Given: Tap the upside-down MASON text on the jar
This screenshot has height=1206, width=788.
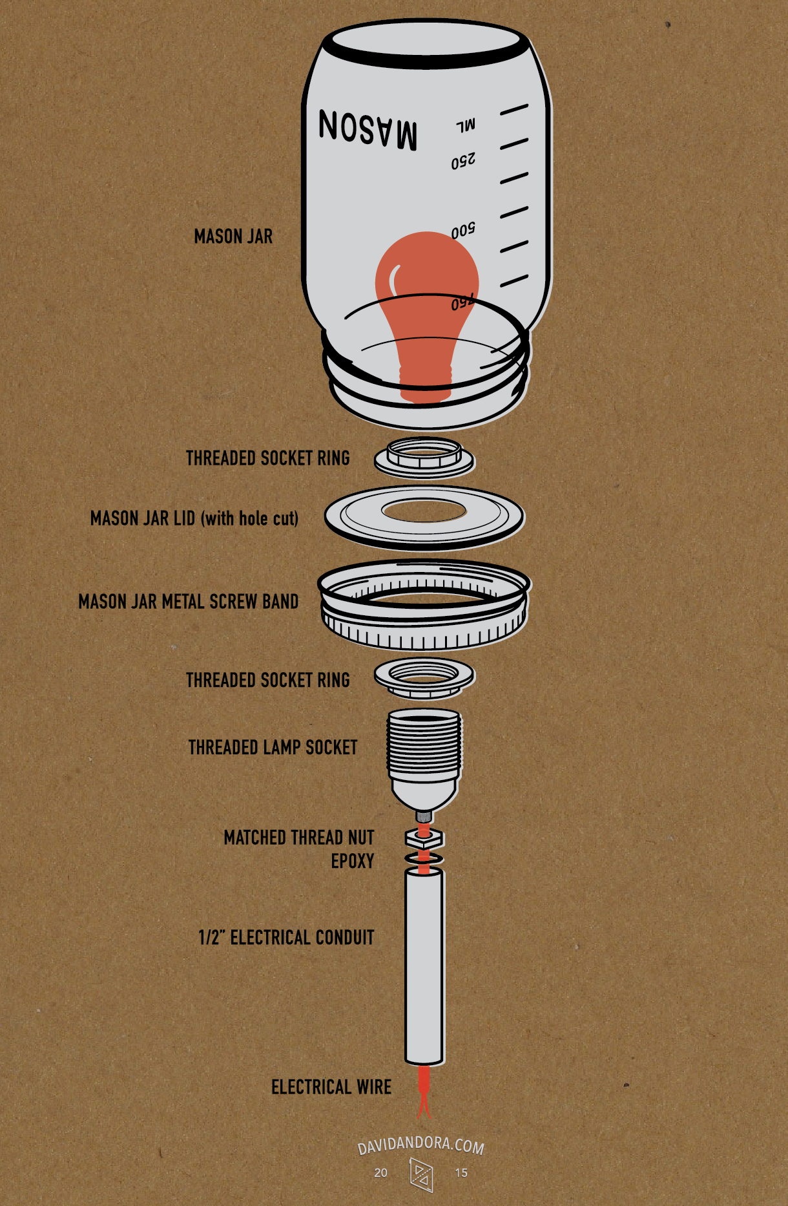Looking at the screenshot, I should tap(368, 129).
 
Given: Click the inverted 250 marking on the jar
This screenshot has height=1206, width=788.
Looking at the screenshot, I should tap(463, 161).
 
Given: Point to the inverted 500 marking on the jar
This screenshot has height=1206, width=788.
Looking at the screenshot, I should tap(463, 231).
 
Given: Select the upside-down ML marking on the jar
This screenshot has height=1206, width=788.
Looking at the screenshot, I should tap(466, 125).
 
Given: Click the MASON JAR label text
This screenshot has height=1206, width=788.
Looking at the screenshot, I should tap(233, 237).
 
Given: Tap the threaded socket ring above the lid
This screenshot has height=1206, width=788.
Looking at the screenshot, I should tap(424, 458).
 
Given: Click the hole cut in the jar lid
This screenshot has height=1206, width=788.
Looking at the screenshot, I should tap(424, 510).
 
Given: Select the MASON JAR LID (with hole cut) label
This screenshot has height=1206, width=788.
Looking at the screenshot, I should tap(194, 518).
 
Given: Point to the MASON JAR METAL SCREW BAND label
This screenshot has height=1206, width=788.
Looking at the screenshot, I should tap(189, 602).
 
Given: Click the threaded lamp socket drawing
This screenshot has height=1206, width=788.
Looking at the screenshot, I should tap(424, 756).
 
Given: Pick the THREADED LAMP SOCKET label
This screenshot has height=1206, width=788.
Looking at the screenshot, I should tap(273, 748).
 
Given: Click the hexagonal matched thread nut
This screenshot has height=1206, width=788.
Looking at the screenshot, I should tap(424, 838).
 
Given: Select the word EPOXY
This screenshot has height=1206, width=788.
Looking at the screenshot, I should tap(353, 862).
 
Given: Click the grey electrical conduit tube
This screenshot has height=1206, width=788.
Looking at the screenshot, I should tap(424, 966).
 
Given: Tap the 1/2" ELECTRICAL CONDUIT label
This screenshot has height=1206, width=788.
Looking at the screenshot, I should tap(286, 938).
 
